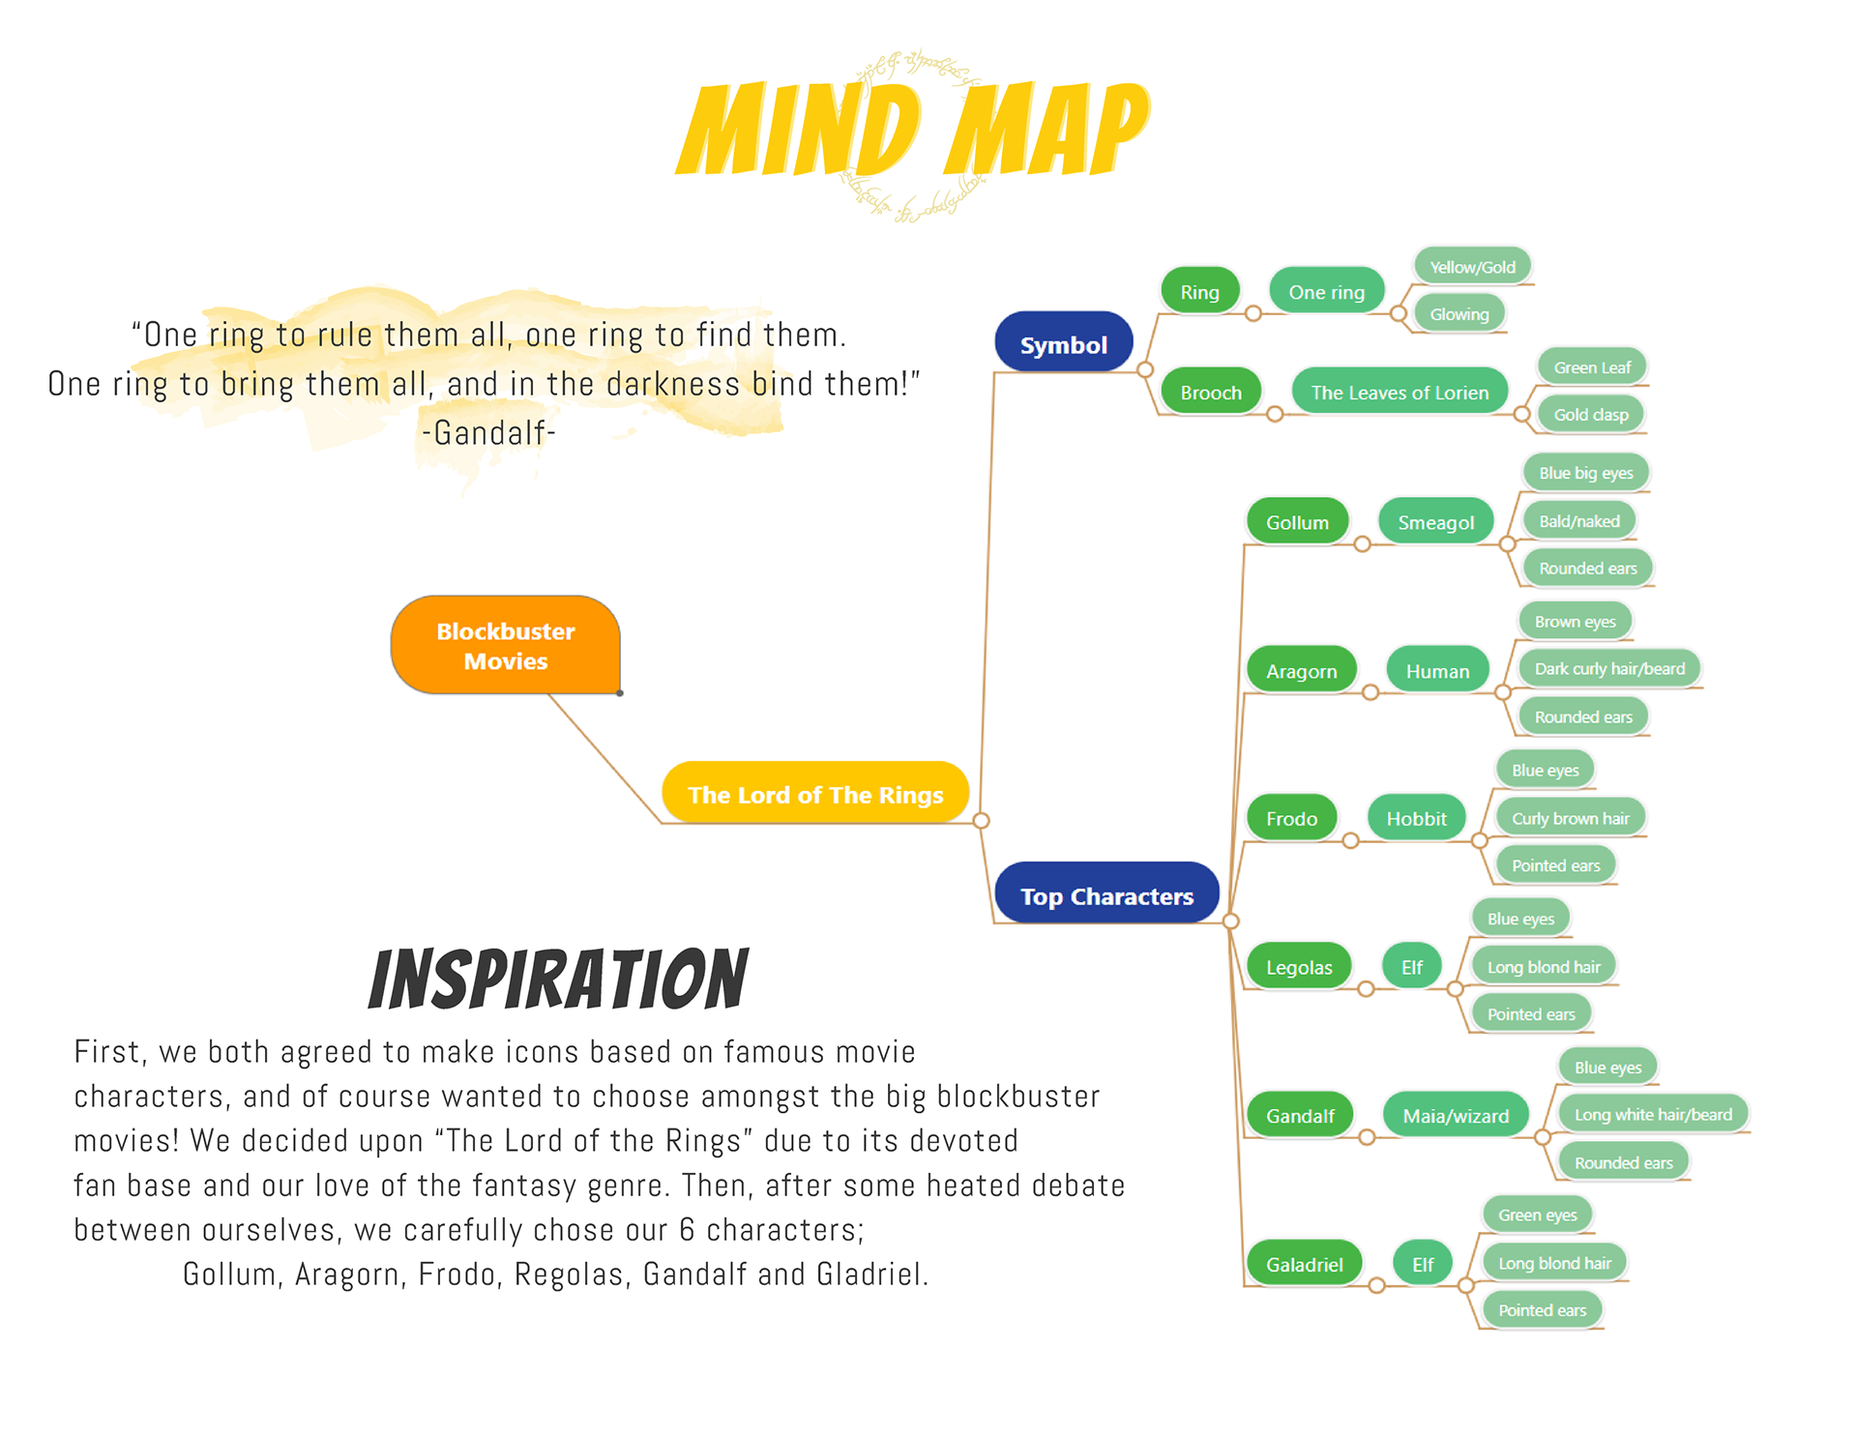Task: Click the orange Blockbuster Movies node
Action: (x=505, y=645)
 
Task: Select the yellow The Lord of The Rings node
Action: (x=814, y=794)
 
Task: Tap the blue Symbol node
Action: (x=1063, y=344)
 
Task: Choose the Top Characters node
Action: (x=1105, y=895)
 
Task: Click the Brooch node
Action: (x=1210, y=392)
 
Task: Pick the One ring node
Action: (x=1326, y=291)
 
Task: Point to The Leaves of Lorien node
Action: (x=1399, y=392)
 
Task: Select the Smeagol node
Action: (x=1435, y=522)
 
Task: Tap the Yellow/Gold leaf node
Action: (x=1472, y=267)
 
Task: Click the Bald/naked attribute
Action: (x=1578, y=521)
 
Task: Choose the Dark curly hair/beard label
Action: (x=1608, y=668)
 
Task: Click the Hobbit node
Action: (x=1416, y=819)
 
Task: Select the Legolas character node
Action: (x=1298, y=967)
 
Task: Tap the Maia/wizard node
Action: (x=1455, y=1116)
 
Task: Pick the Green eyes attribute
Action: (x=1537, y=1215)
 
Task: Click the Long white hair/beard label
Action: (x=1652, y=1114)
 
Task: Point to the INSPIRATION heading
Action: (x=558, y=979)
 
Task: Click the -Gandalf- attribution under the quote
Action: (x=488, y=432)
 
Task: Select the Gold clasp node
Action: (x=1590, y=415)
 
